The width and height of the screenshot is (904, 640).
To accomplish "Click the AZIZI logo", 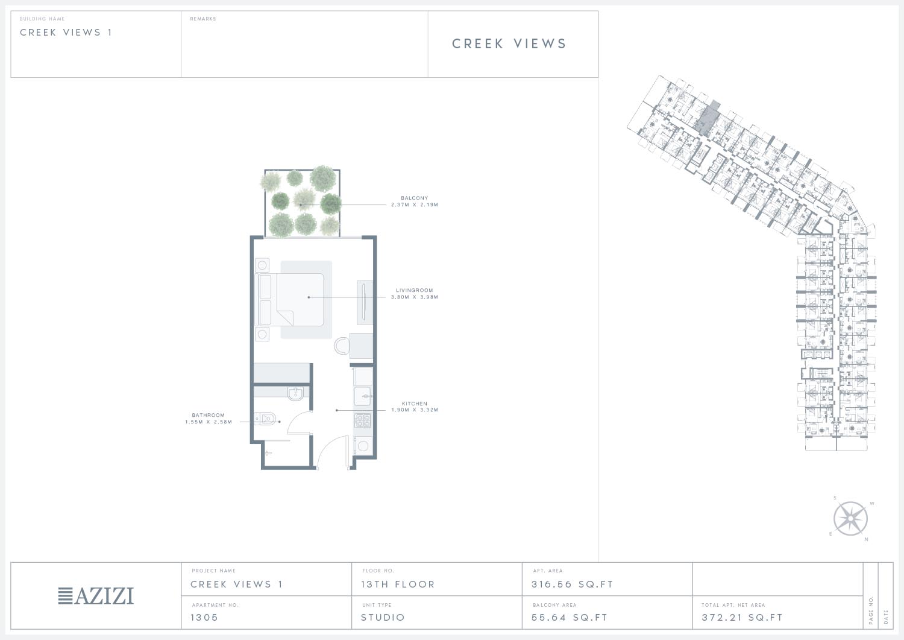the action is pyautogui.click(x=96, y=596).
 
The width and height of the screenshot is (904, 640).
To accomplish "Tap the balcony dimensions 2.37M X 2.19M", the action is pyautogui.click(x=415, y=205).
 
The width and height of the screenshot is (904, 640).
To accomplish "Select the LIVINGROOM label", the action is pyautogui.click(x=415, y=290).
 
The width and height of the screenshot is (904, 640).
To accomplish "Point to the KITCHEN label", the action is pyautogui.click(x=415, y=404).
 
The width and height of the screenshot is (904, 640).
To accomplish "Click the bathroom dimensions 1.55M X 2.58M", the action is pyautogui.click(x=209, y=422).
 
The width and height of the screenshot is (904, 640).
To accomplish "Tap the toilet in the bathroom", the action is pyautogui.click(x=265, y=418).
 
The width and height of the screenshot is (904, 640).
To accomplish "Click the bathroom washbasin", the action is pyautogui.click(x=296, y=393).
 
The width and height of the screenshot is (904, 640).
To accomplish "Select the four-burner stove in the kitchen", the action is pyautogui.click(x=363, y=420).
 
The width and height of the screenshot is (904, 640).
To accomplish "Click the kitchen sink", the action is pyautogui.click(x=363, y=396).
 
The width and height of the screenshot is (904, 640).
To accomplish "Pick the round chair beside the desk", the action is pyautogui.click(x=342, y=346).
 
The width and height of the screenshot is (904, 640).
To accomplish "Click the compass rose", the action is pyautogui.click(x=850, y=518).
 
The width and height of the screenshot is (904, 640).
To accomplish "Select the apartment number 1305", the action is pyautogui.click(x=204, y=617).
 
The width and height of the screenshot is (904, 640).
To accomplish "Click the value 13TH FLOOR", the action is pyautogui.click(x=398, y=585).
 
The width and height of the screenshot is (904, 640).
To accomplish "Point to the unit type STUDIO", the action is pyautogui.click(x=383, y=617).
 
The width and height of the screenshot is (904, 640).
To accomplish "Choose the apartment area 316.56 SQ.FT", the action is pyautogui.click(x=573, y=585).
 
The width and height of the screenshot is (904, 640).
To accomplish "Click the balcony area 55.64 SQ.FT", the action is pyautogui.click(x=570, y=617).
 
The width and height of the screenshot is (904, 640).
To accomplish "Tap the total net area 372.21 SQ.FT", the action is pyautogui.click(x=742, y=617).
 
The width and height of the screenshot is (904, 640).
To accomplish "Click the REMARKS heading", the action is pyautogui.click(x=203, y=19).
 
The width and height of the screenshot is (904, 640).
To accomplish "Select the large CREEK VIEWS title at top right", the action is pyautogui.click(x=509, y=43).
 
